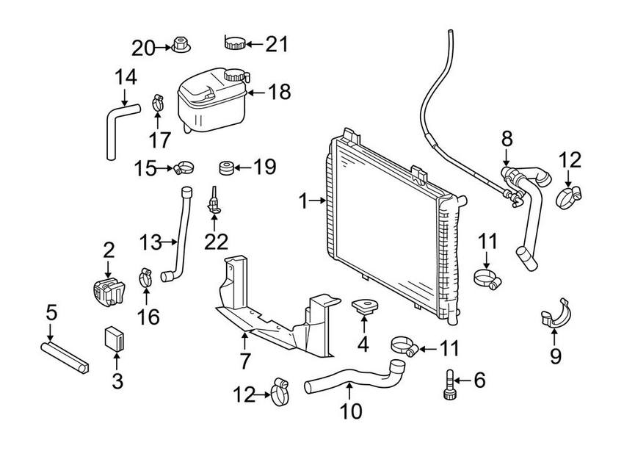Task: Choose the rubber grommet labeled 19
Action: (x=229, y=168)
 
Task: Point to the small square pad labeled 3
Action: (x=115, y=338)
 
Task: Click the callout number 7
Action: (x=245, y=361)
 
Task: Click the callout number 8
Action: (x=507, y=137)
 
